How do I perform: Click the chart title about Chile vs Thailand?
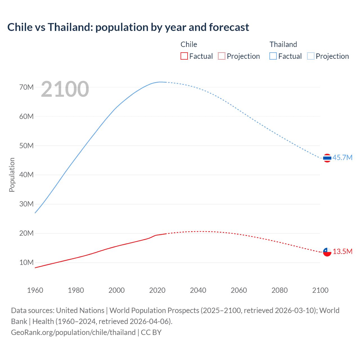128,27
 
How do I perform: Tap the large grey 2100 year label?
65,89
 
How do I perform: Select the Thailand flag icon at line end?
327,158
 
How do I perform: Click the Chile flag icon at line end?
327,252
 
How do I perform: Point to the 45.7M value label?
342,157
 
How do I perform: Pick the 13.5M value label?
342,251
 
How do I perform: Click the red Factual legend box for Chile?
184,56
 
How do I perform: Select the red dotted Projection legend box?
222,56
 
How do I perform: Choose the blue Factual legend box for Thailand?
273,56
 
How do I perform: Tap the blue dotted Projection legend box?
311,56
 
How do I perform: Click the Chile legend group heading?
189,44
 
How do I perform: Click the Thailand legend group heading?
283,44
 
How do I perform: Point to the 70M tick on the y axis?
26,87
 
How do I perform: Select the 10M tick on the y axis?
26,262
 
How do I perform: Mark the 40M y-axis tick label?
26,175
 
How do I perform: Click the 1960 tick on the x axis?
35,290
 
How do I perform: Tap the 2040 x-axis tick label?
198,290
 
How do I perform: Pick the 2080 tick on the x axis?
280,290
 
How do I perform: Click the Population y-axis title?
12,175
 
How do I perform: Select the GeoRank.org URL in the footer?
73,332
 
